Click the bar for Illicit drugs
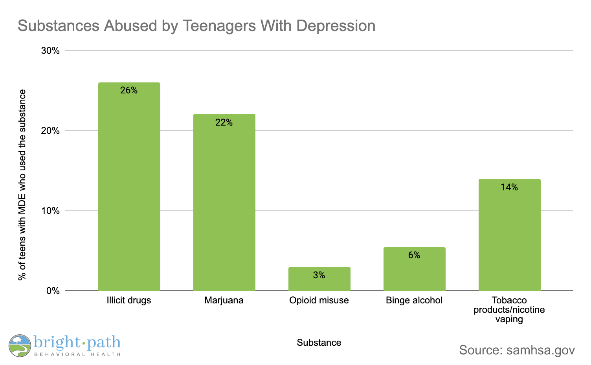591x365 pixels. tap(129, 188)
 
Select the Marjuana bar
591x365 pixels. tap(224, 204)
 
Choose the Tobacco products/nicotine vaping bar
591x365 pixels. tap(509, 235)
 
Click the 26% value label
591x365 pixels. tap(129, 91)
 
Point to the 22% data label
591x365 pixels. tap(224, 123)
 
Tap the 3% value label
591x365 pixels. tap(319, 276)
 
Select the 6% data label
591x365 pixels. tap(414, 255)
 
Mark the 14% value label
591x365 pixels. tap(509, 188)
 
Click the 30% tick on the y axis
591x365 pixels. tap(50, 51)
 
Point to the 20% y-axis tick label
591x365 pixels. tap(50, 131)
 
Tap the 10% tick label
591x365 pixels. tap(50, 211)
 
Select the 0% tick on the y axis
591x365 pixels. tap(53, 291)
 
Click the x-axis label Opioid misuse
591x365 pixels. tap(319, 301)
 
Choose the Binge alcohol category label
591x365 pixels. tap(414, 301)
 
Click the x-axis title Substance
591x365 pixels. tap(319, 343)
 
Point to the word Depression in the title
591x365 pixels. tap(336, 26)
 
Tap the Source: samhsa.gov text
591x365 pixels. tap(517, 350)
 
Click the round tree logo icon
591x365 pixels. tap(20, 345)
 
